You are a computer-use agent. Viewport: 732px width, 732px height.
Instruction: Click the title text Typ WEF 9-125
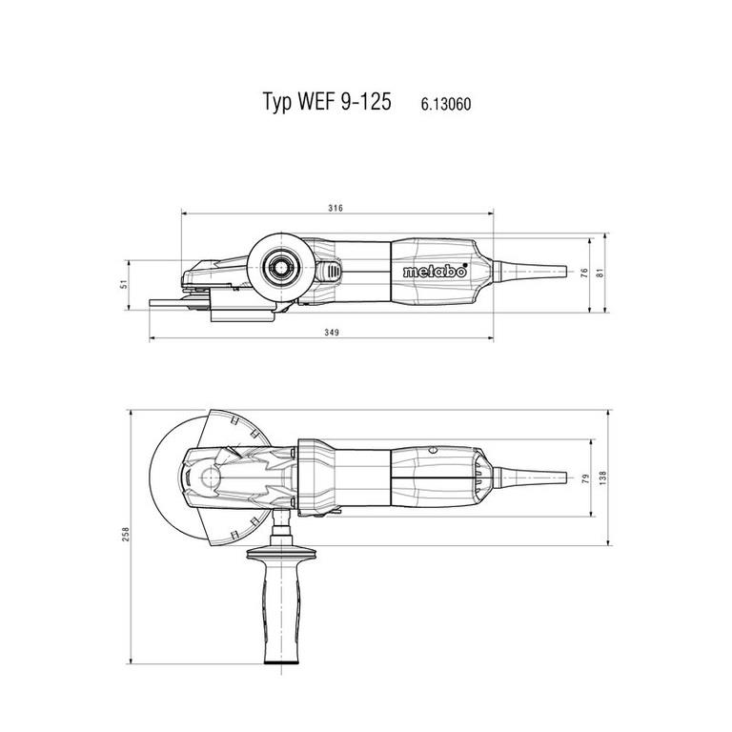(327, 101)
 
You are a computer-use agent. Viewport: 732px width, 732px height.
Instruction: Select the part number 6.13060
(446, 104)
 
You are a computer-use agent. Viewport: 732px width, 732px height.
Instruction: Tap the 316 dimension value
(335, 208)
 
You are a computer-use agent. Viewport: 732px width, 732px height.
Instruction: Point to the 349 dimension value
(332, 333)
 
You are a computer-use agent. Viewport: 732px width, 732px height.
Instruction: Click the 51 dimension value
(124, 284)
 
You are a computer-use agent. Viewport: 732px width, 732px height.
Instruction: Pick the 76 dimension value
(584, 274)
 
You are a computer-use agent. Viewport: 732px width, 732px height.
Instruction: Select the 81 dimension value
(600, 273)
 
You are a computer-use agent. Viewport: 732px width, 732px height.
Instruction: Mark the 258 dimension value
(126, 534)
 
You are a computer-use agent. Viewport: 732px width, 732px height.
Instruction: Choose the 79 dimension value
(586, 478)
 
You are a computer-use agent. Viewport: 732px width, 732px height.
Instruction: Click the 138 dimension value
(602, 478)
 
